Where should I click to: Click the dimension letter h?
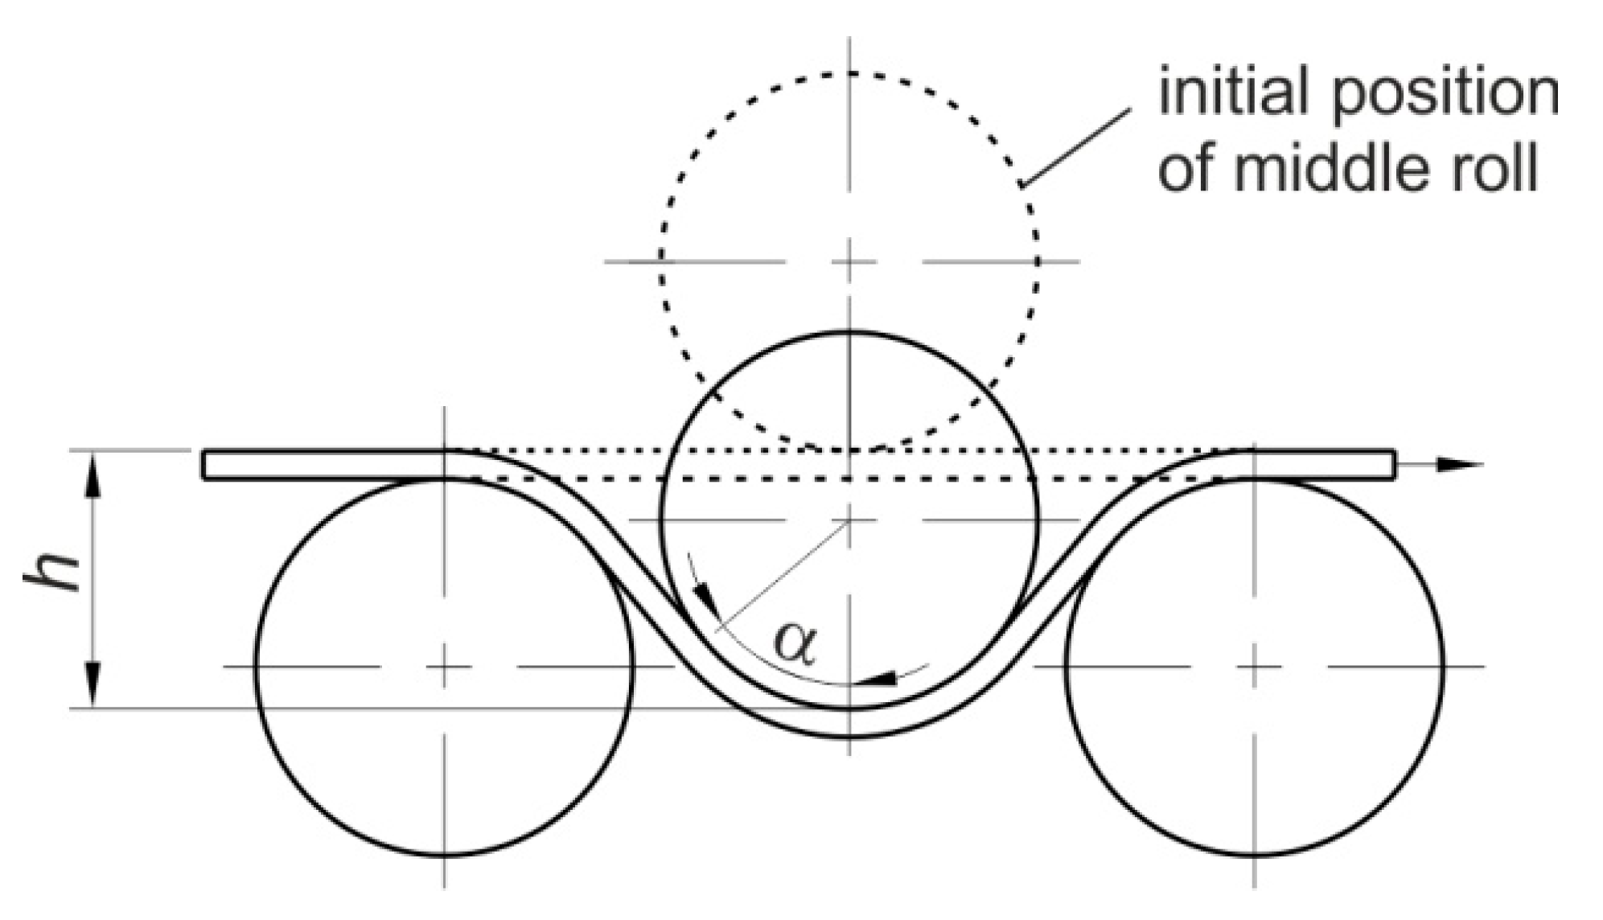click(x=53, y=572)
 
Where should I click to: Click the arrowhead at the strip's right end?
click(x=1460, y=464)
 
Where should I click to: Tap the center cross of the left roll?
click(x=444, y=666)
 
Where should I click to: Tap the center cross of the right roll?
click(x=1253, y=666)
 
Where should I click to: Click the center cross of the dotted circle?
click(x=850, y=261)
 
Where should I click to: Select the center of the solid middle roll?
click(x=850, y=520)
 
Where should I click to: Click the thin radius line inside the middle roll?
click(x=784, y=576)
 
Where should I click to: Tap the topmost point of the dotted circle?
click(x=850, y=73)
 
